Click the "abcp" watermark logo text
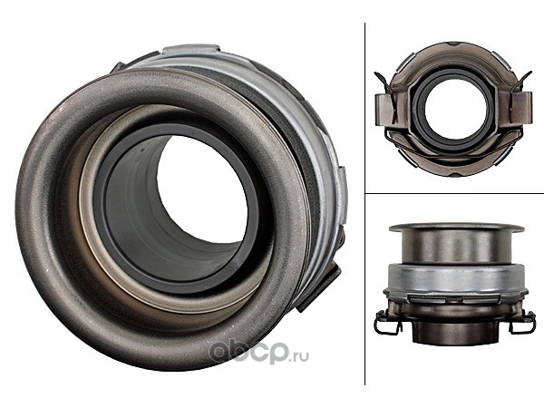pyautogui.click(x=248, y=352)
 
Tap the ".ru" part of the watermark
pyautogui.click(x=299, y=355)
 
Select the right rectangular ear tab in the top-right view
pyautogui.click(x=522, y=107)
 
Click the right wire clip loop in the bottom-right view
pyautogui.click(x=522, y=322)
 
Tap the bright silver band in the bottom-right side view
pyautogui.click(x=455, y=277)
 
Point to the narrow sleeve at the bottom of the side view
pyautogui.click(x=455, y=333)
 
